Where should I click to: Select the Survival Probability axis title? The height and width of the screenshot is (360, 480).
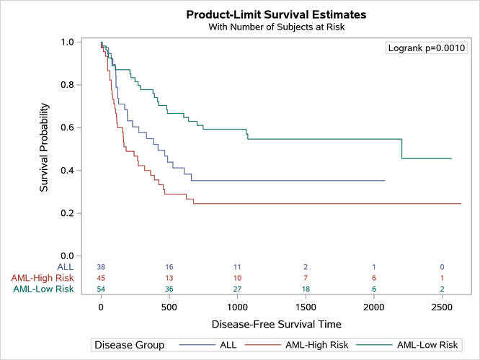point(44,149)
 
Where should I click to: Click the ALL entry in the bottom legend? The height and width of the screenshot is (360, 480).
point(228,345)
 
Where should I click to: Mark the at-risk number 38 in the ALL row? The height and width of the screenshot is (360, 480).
point(101,266)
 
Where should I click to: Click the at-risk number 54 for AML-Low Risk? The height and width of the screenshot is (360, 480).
point(101,289)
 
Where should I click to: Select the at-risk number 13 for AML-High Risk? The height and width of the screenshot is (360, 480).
point(169,278)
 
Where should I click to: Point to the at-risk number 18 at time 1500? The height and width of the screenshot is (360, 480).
point(305,289)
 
